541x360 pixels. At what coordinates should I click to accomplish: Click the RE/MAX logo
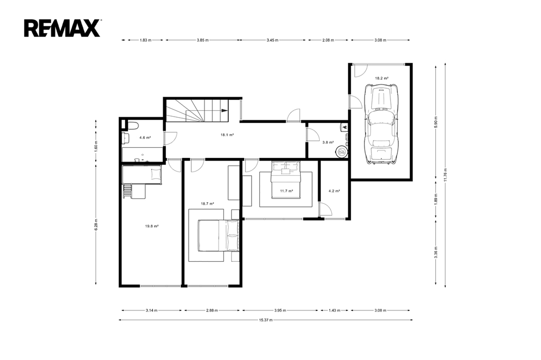tap(62, 29)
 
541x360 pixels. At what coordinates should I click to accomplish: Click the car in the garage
tap(381, 124)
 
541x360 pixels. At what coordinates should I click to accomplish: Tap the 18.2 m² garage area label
tap(381, 78)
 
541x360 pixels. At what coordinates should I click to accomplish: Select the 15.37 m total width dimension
tap(266, 320)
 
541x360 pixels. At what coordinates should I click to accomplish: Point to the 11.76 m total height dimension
tap(445, 175)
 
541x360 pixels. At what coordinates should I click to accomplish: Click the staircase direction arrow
tap(224, 111)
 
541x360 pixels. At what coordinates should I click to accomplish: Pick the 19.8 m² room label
tap(152, 226)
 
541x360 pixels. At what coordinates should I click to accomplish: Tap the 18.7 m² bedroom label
tap(207, 203)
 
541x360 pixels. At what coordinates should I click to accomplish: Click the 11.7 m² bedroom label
tap(286, 191)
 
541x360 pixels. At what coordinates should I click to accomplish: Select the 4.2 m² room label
tap(334, 191)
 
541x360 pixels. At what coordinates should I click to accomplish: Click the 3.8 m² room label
tap(328, 142)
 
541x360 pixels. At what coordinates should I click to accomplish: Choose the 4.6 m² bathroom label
tap(145, 137)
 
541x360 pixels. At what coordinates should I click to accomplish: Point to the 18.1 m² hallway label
tap(227, 135)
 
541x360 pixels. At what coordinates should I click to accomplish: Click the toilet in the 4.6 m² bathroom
tap(132, 125)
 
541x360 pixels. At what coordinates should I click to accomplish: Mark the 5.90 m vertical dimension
tap(436, 121)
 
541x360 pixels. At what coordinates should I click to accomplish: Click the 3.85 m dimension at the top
tap(202, 40)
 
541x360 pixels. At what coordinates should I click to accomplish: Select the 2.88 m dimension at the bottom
tap(212, 310)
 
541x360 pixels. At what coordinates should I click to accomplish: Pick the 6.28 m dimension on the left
tap(96, 224)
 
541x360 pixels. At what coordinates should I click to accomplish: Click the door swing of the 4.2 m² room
tap(326, 210)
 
